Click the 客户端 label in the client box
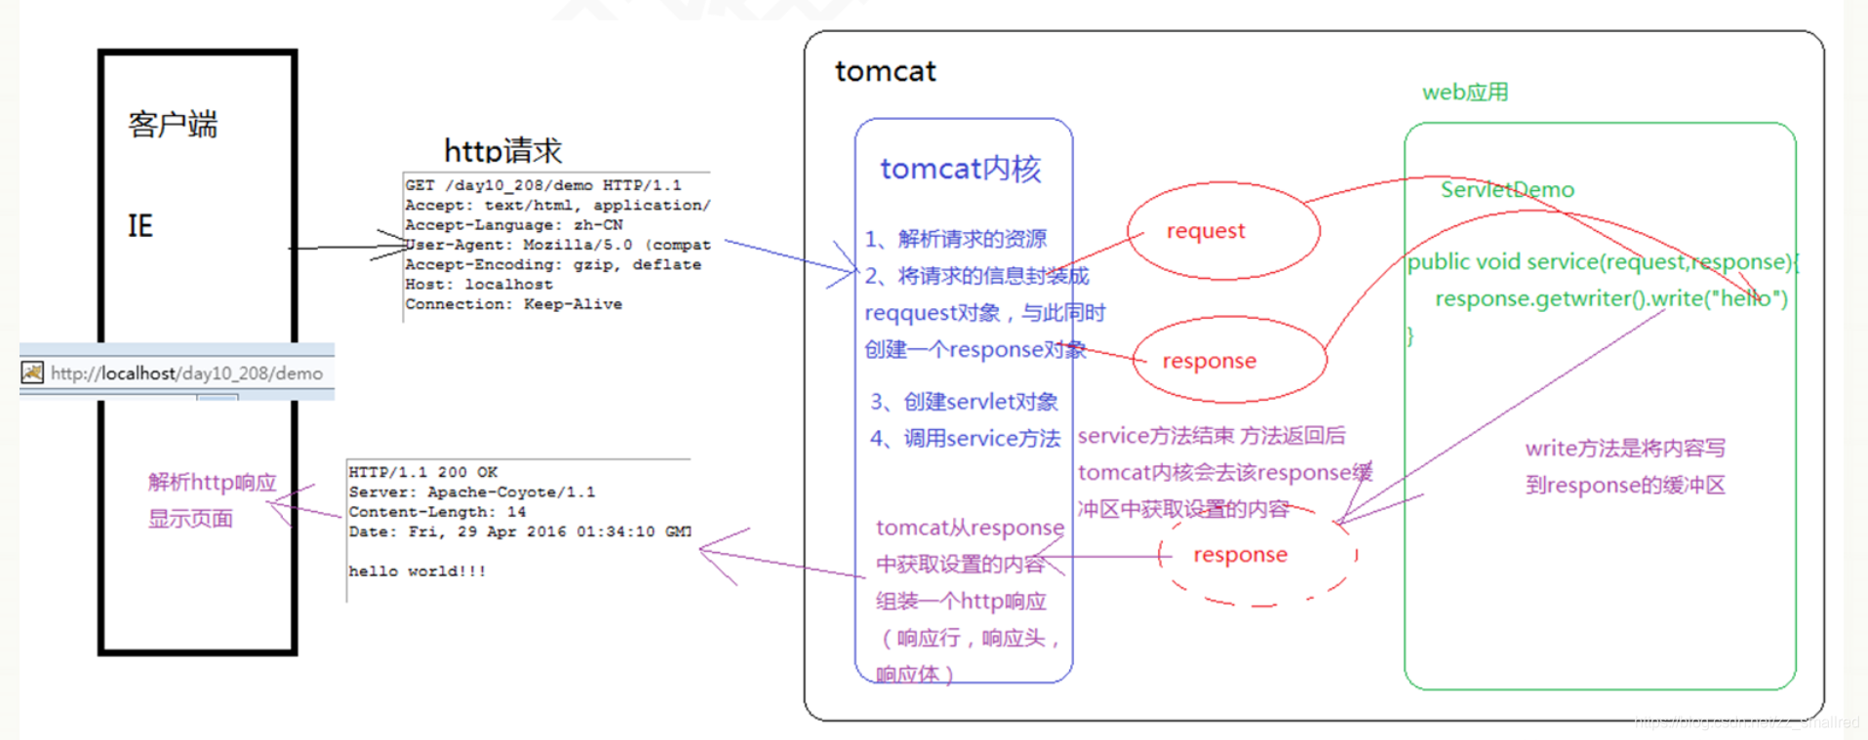pyautogui.click(x=173, y=125)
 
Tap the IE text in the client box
pyautogui.click(x=140, y=226)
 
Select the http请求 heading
pyautogui.click(x=502, y=150)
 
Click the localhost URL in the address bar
pyautogui.click(x=186, y=372)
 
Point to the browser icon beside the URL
pyautogui.click(x=32, y=372)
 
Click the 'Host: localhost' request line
pyautogui.click(x=479, y=285)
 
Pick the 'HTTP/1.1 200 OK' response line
pyautogui.click(x=423, y=472)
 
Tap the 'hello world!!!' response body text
pyautogui.click(x=417, y=571)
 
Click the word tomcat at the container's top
pyautogui.click(x=885, y=71)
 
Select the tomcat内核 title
pyautogui.click(x=961, y=169)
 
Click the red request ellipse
pyautogui.click(x=1223, y=231)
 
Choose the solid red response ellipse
pyautogui.click(x=1228, y=360)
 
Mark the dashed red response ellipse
pyautogui.click(x=1258, y=555)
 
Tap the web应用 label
pyautogui.click(x=1465, y=93)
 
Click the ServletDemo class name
pyautogui.click(x=1507, y=189)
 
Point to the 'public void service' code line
pyautogui.click(x=1600, y=261)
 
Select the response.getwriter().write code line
pyautogui.click(x=1610, y=298)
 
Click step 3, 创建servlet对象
pyautogui.click(x=964, y=402)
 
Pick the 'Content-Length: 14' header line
pyautogui.click(x=437, y=512)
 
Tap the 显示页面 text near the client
pyautogui.click(x=190, y=519)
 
